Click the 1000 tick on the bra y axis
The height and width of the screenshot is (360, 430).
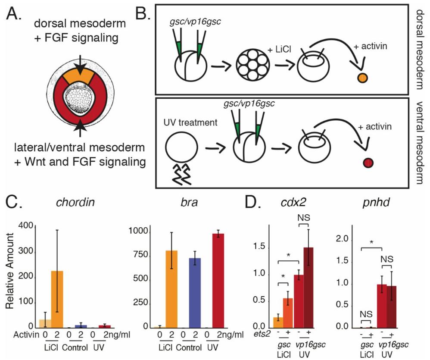pos(140,232)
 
